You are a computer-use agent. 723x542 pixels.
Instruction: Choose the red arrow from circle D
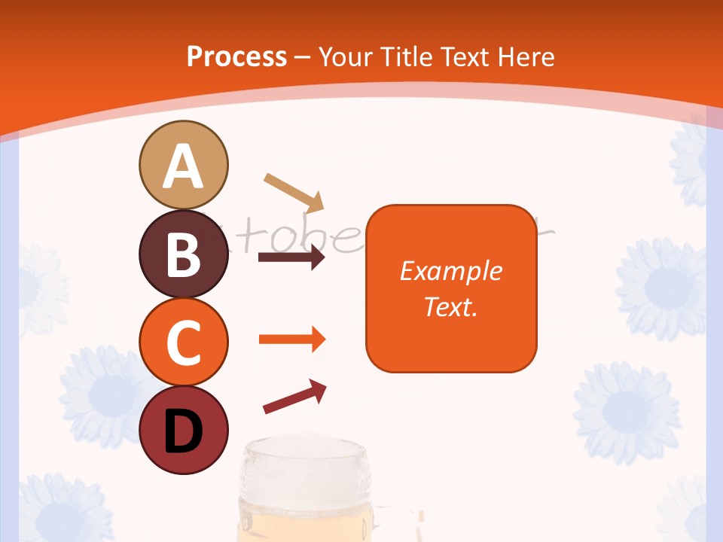[x=294, y=397]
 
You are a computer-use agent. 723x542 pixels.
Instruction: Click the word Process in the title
[x=236, y=56]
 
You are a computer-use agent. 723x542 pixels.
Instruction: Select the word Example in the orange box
[x=450, y=271]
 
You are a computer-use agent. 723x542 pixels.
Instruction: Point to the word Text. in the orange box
[x=450, y=306]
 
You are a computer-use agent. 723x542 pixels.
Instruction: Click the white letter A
[x=183, y=167]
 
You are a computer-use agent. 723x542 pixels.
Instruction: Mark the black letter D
[x=183, y=431]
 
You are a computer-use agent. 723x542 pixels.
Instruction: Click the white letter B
[x=183, y=254]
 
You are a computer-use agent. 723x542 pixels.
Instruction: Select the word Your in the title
[x=346, y=56]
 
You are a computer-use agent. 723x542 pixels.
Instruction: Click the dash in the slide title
[x=303, y=57]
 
